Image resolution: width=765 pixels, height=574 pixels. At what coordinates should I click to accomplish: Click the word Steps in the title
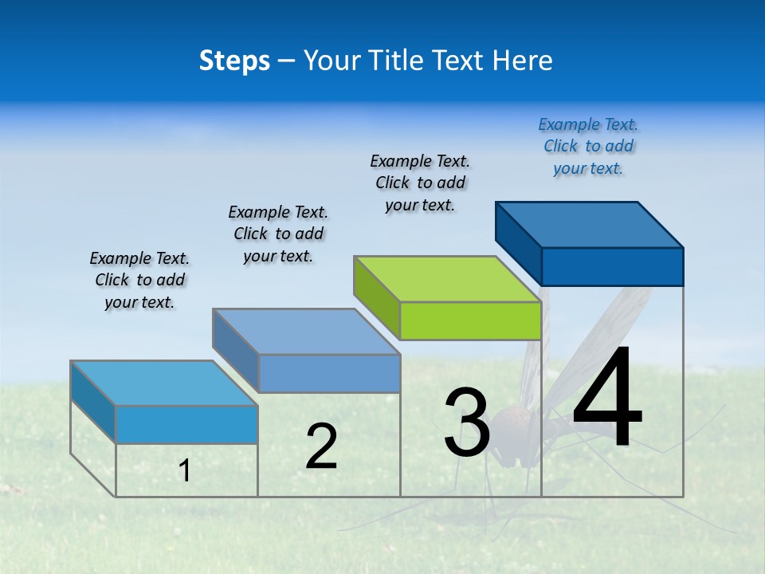click(x=234, y=61)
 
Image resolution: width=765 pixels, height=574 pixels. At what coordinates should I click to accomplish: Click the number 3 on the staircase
click(x=467, y=423)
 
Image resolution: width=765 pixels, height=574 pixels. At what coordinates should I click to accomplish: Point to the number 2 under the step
click(x=321, y=446)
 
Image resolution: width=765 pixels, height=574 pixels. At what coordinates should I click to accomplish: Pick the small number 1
click(x=185, y=470)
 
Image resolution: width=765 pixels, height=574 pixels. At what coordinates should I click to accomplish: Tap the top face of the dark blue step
click(x=590, y=224)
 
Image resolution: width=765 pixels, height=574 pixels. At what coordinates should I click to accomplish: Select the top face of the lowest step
click(x=164, y=383)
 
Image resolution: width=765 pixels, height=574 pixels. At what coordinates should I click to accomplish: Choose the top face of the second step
click(x=306, y=331)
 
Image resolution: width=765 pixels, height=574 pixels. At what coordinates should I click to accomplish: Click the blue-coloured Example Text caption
click(x=588, y=146)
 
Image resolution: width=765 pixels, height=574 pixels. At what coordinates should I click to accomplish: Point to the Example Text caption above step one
click(x=139, y=280)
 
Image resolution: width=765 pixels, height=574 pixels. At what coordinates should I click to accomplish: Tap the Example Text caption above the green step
click(x=420, y=183)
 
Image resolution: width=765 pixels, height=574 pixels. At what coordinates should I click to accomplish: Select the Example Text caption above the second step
click(x=278, y=234)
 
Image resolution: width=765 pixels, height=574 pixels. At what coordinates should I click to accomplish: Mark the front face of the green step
click(x=470, y=321)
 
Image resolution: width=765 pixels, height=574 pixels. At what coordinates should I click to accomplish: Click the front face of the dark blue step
click(x=612, y=266)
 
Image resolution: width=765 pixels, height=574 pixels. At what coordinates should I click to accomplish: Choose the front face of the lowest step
click(x=186, y=424)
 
